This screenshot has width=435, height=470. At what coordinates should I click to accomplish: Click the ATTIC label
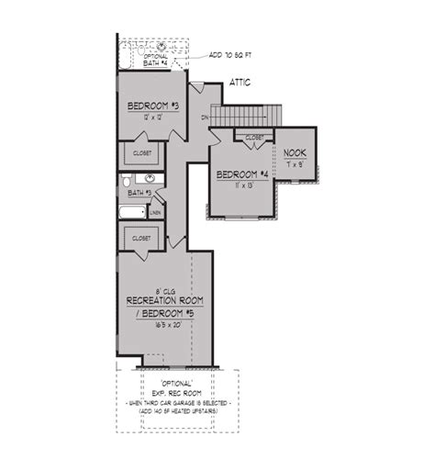[x=240, y=83]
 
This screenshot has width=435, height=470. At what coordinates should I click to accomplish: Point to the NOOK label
[x=295, y=153]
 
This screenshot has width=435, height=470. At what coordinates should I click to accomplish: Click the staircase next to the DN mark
[x=243, y=116]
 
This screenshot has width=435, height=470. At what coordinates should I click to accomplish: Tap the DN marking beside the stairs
[x=206, y=117]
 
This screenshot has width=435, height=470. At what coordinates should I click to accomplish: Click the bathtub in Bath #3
[x=133, y=213]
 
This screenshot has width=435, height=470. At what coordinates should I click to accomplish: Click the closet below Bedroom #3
[x=141, y=153]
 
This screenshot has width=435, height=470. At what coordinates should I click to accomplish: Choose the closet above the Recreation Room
[x=141, y=237]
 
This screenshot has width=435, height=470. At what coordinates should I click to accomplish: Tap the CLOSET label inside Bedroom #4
[x=254, y=137]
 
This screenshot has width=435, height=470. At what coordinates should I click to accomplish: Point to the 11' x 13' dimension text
[x=242, y=185]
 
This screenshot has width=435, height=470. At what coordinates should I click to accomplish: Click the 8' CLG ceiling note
[x=162, y=289]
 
